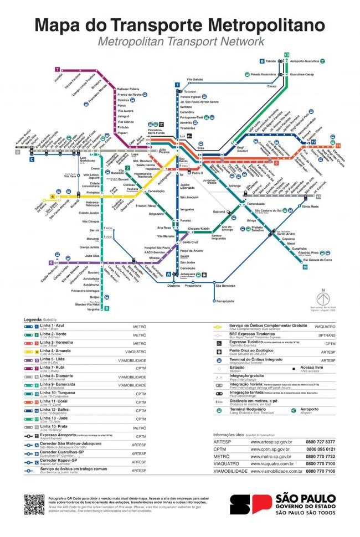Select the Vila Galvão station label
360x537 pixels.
point(195,80)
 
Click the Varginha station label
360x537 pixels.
point(93,309)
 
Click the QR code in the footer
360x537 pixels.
point(34,504)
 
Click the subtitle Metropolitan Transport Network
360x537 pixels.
point(180,42)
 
